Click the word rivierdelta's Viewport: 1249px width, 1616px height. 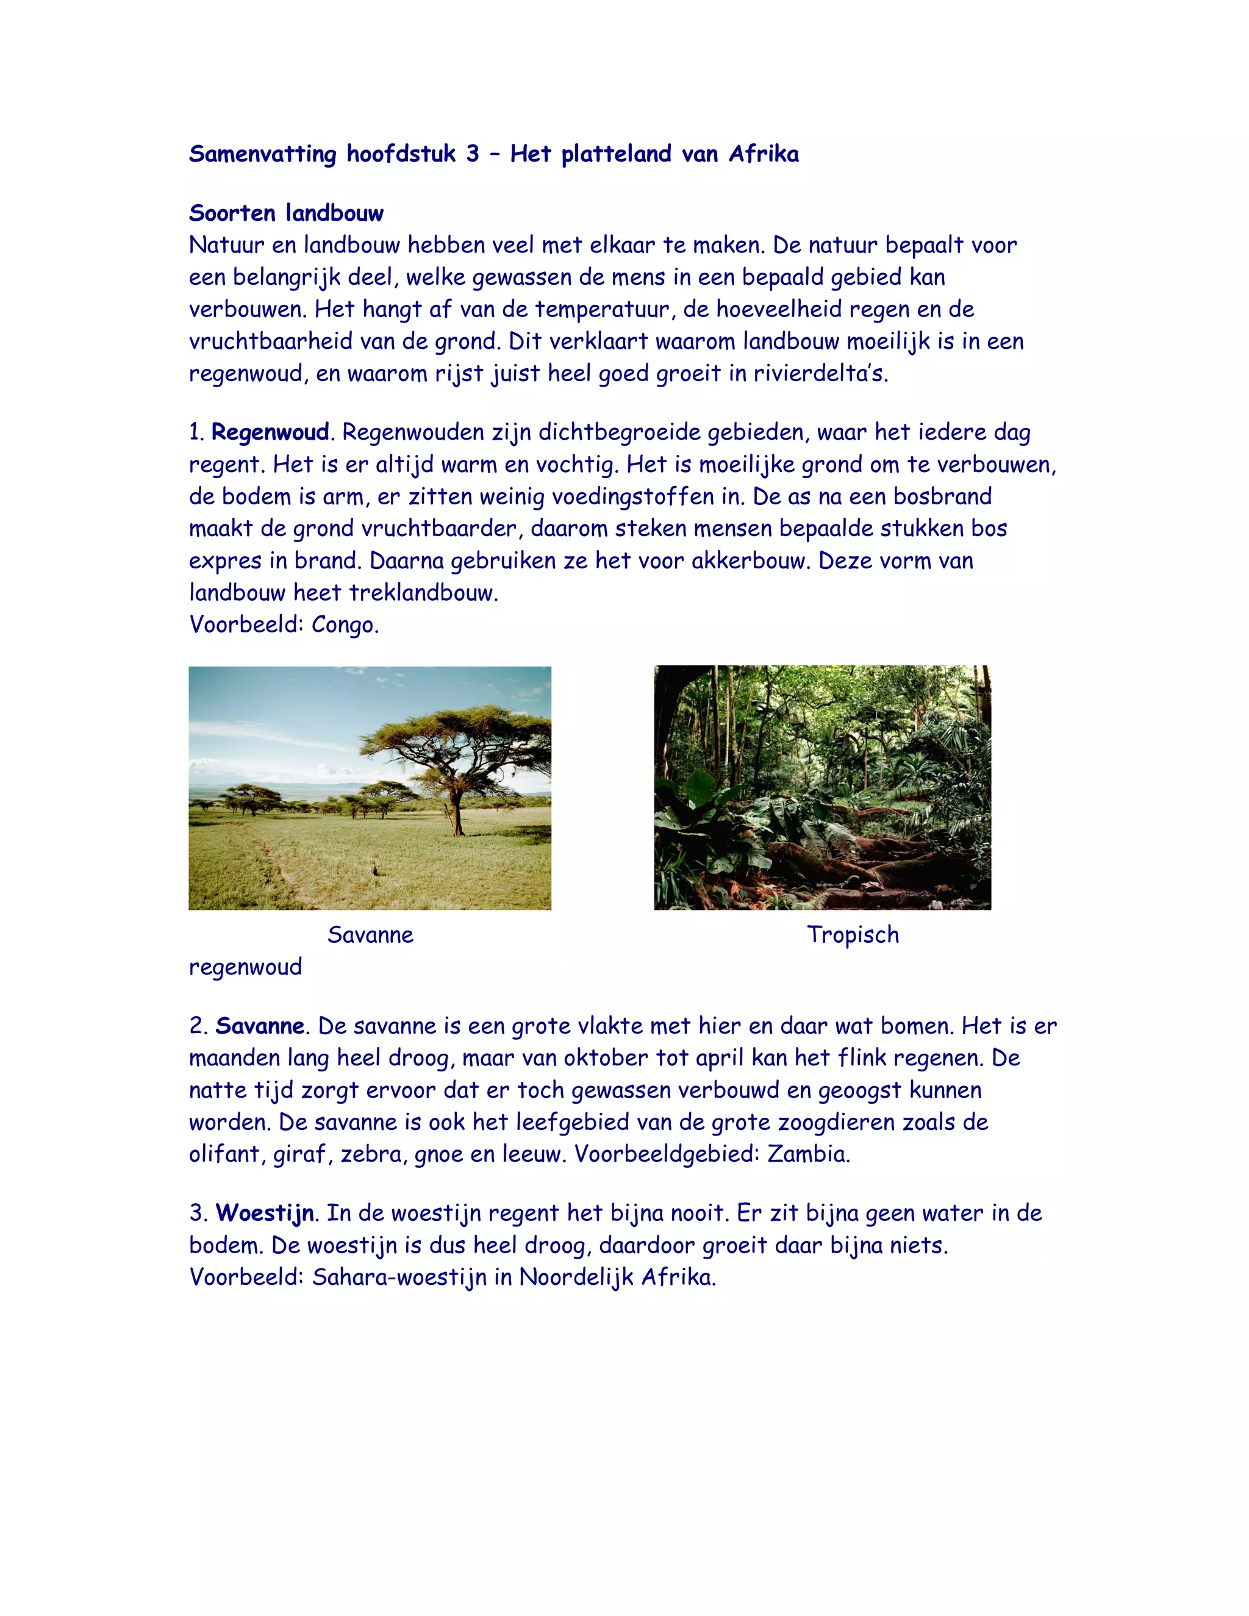(x=821, y=374)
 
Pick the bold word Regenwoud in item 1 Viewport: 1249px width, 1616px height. (x=270, y=432)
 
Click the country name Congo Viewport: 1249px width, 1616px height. (x=345, y=625)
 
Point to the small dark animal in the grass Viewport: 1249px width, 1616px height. (x=374, y=870)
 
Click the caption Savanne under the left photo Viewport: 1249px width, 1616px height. (x=370, y=935)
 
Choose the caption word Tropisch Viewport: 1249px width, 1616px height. (x=853, y=935)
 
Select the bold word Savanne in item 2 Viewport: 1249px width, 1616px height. (x=260, y=1026)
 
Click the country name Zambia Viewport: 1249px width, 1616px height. (x=808, y=1154)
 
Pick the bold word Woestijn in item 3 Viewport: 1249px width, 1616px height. (x=265, y=1214)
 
